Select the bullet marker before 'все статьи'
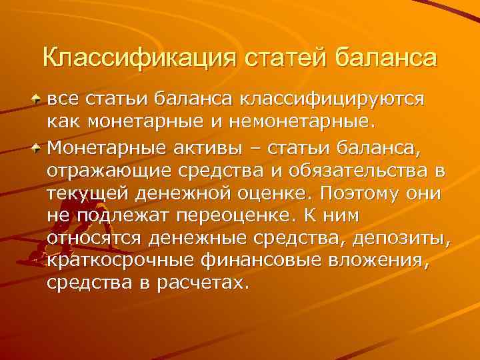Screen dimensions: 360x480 pyautogui.click(x=37, y=99)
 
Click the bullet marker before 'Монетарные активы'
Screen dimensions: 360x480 pyautogui.click(x=37, y=145)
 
